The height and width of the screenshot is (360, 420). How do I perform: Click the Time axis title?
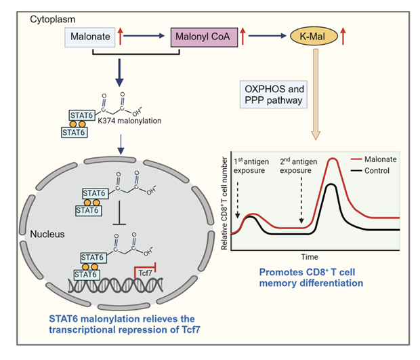[x=310, y=257]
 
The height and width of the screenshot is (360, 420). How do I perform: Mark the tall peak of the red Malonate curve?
[x=333, y=160]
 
